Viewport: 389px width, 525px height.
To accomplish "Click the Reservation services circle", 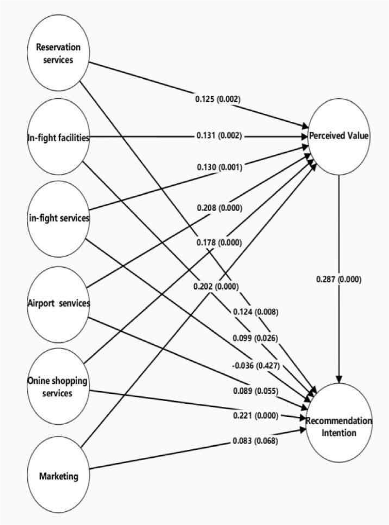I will (58, 52).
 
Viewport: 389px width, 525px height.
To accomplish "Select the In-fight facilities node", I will (58, 138).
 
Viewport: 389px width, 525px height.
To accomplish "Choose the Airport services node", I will (58, 303).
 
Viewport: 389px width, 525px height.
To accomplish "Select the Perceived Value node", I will (339, 136).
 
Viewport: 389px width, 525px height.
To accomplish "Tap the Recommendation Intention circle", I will (339, 425).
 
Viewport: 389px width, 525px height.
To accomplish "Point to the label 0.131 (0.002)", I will (219, 136).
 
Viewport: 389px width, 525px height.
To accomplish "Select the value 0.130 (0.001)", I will (219, 169).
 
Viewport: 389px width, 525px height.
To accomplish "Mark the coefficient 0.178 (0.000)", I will (219, 242).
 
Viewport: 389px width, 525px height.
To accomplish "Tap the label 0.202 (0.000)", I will (216, 286).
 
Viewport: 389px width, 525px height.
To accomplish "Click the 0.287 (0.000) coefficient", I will (338, 279).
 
